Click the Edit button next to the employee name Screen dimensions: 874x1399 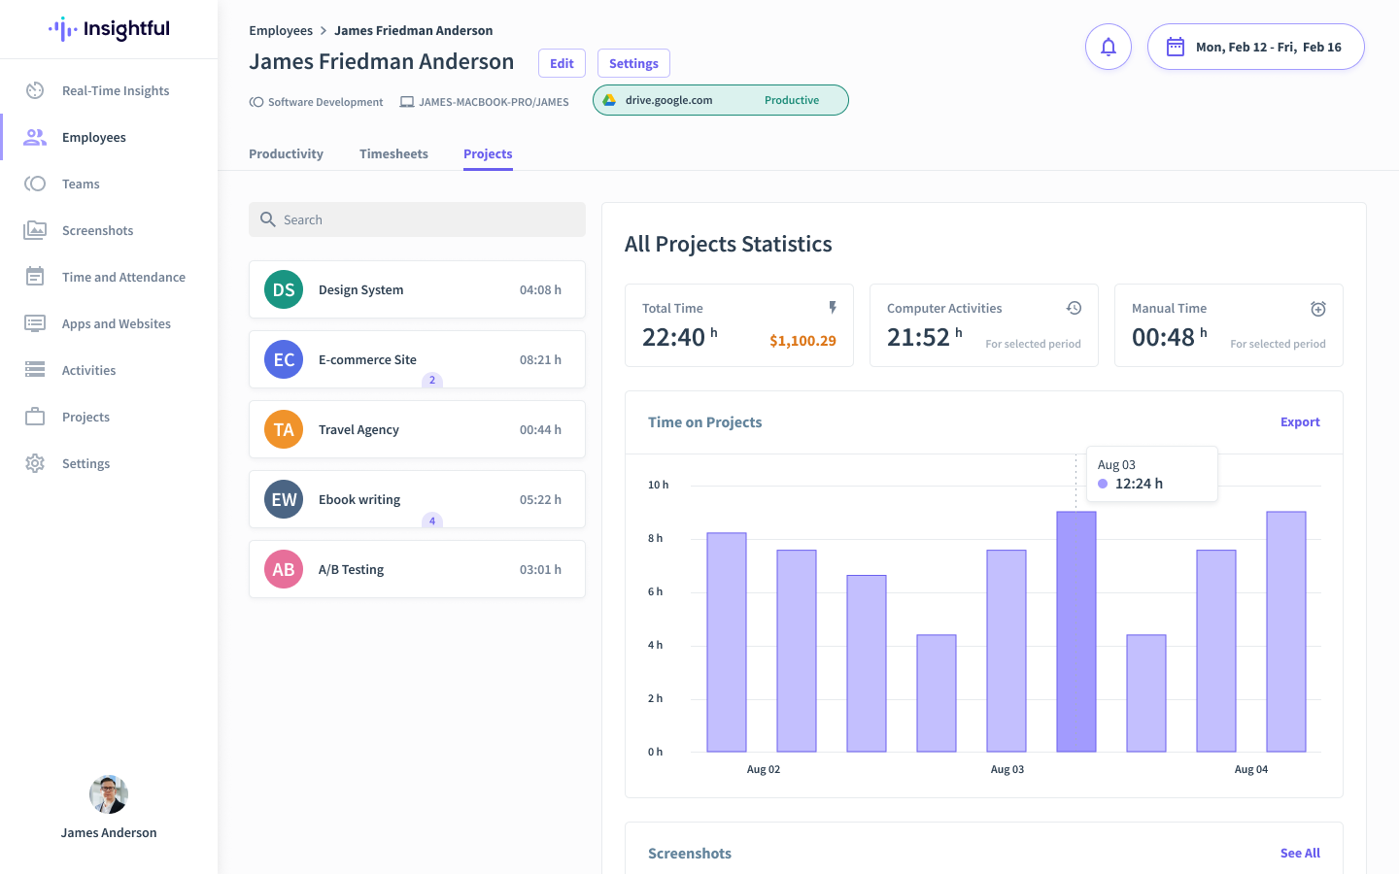(x=562, y=63)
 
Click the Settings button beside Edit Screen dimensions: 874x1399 (x=633, y=63)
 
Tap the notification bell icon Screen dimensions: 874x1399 (x=1108, y=47)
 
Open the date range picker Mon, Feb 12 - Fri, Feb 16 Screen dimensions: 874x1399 (x=1255, y=47)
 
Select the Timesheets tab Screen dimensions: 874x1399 (x=393, y=153)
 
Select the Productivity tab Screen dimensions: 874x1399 (x=286, y=153)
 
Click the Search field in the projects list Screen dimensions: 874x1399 (x=418, y=219)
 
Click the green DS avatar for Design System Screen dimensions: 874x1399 (x=284, y=289)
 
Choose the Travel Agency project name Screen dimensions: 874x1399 (x=358, y=429)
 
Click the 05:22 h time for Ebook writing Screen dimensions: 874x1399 (x=540, y=499)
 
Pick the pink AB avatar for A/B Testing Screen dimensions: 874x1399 (x=284, y=569)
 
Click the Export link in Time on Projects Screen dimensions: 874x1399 (x=1299, y=421)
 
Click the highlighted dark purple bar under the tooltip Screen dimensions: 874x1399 (x=1075, y=631)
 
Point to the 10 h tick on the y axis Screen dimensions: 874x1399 (x=658, y=485)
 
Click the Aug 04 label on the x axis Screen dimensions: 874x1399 (x=1250, y=769)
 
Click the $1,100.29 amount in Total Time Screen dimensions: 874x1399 (x=802, y=341)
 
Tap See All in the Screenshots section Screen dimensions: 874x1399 (x=1299, y=853)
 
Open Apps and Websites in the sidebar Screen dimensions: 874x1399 (x=117, y=323)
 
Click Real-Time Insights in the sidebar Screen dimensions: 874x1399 (x=116, y=90)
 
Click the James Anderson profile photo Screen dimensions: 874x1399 (x=109, y=794)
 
